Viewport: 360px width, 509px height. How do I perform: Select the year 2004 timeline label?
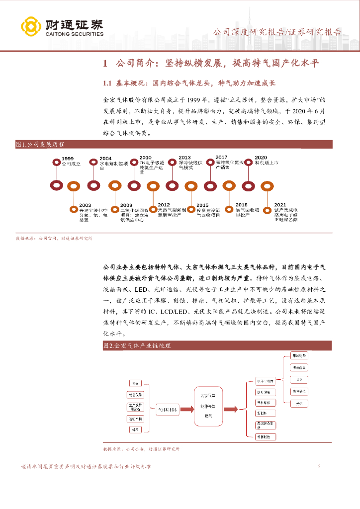[x=105, y=158]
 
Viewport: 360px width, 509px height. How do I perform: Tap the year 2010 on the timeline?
[x=145, y=158]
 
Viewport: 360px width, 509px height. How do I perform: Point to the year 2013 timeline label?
[x=184, y=158]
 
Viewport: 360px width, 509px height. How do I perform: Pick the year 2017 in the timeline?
[x=221, y=158]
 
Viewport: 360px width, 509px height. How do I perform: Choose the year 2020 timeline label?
[x=261, y=158]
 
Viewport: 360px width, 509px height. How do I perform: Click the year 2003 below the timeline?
[x=85, y=205]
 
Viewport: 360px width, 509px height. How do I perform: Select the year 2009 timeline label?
[x=126, y=205]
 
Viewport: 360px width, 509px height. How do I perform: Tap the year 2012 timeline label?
[x=164, y=205]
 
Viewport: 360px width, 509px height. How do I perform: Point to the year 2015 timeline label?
[x=202, y=205]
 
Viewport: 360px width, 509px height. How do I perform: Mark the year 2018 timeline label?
[x=241, y=205]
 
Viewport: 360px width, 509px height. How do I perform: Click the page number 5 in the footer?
[x=319, y=466]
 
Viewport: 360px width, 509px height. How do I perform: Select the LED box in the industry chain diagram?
[x=298, y=379]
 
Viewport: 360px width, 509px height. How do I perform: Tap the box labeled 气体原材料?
[x=167, y=410]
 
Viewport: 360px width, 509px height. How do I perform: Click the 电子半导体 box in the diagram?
[x=266, y=381]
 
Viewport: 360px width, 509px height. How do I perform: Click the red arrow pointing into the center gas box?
[x=185, y=409]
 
